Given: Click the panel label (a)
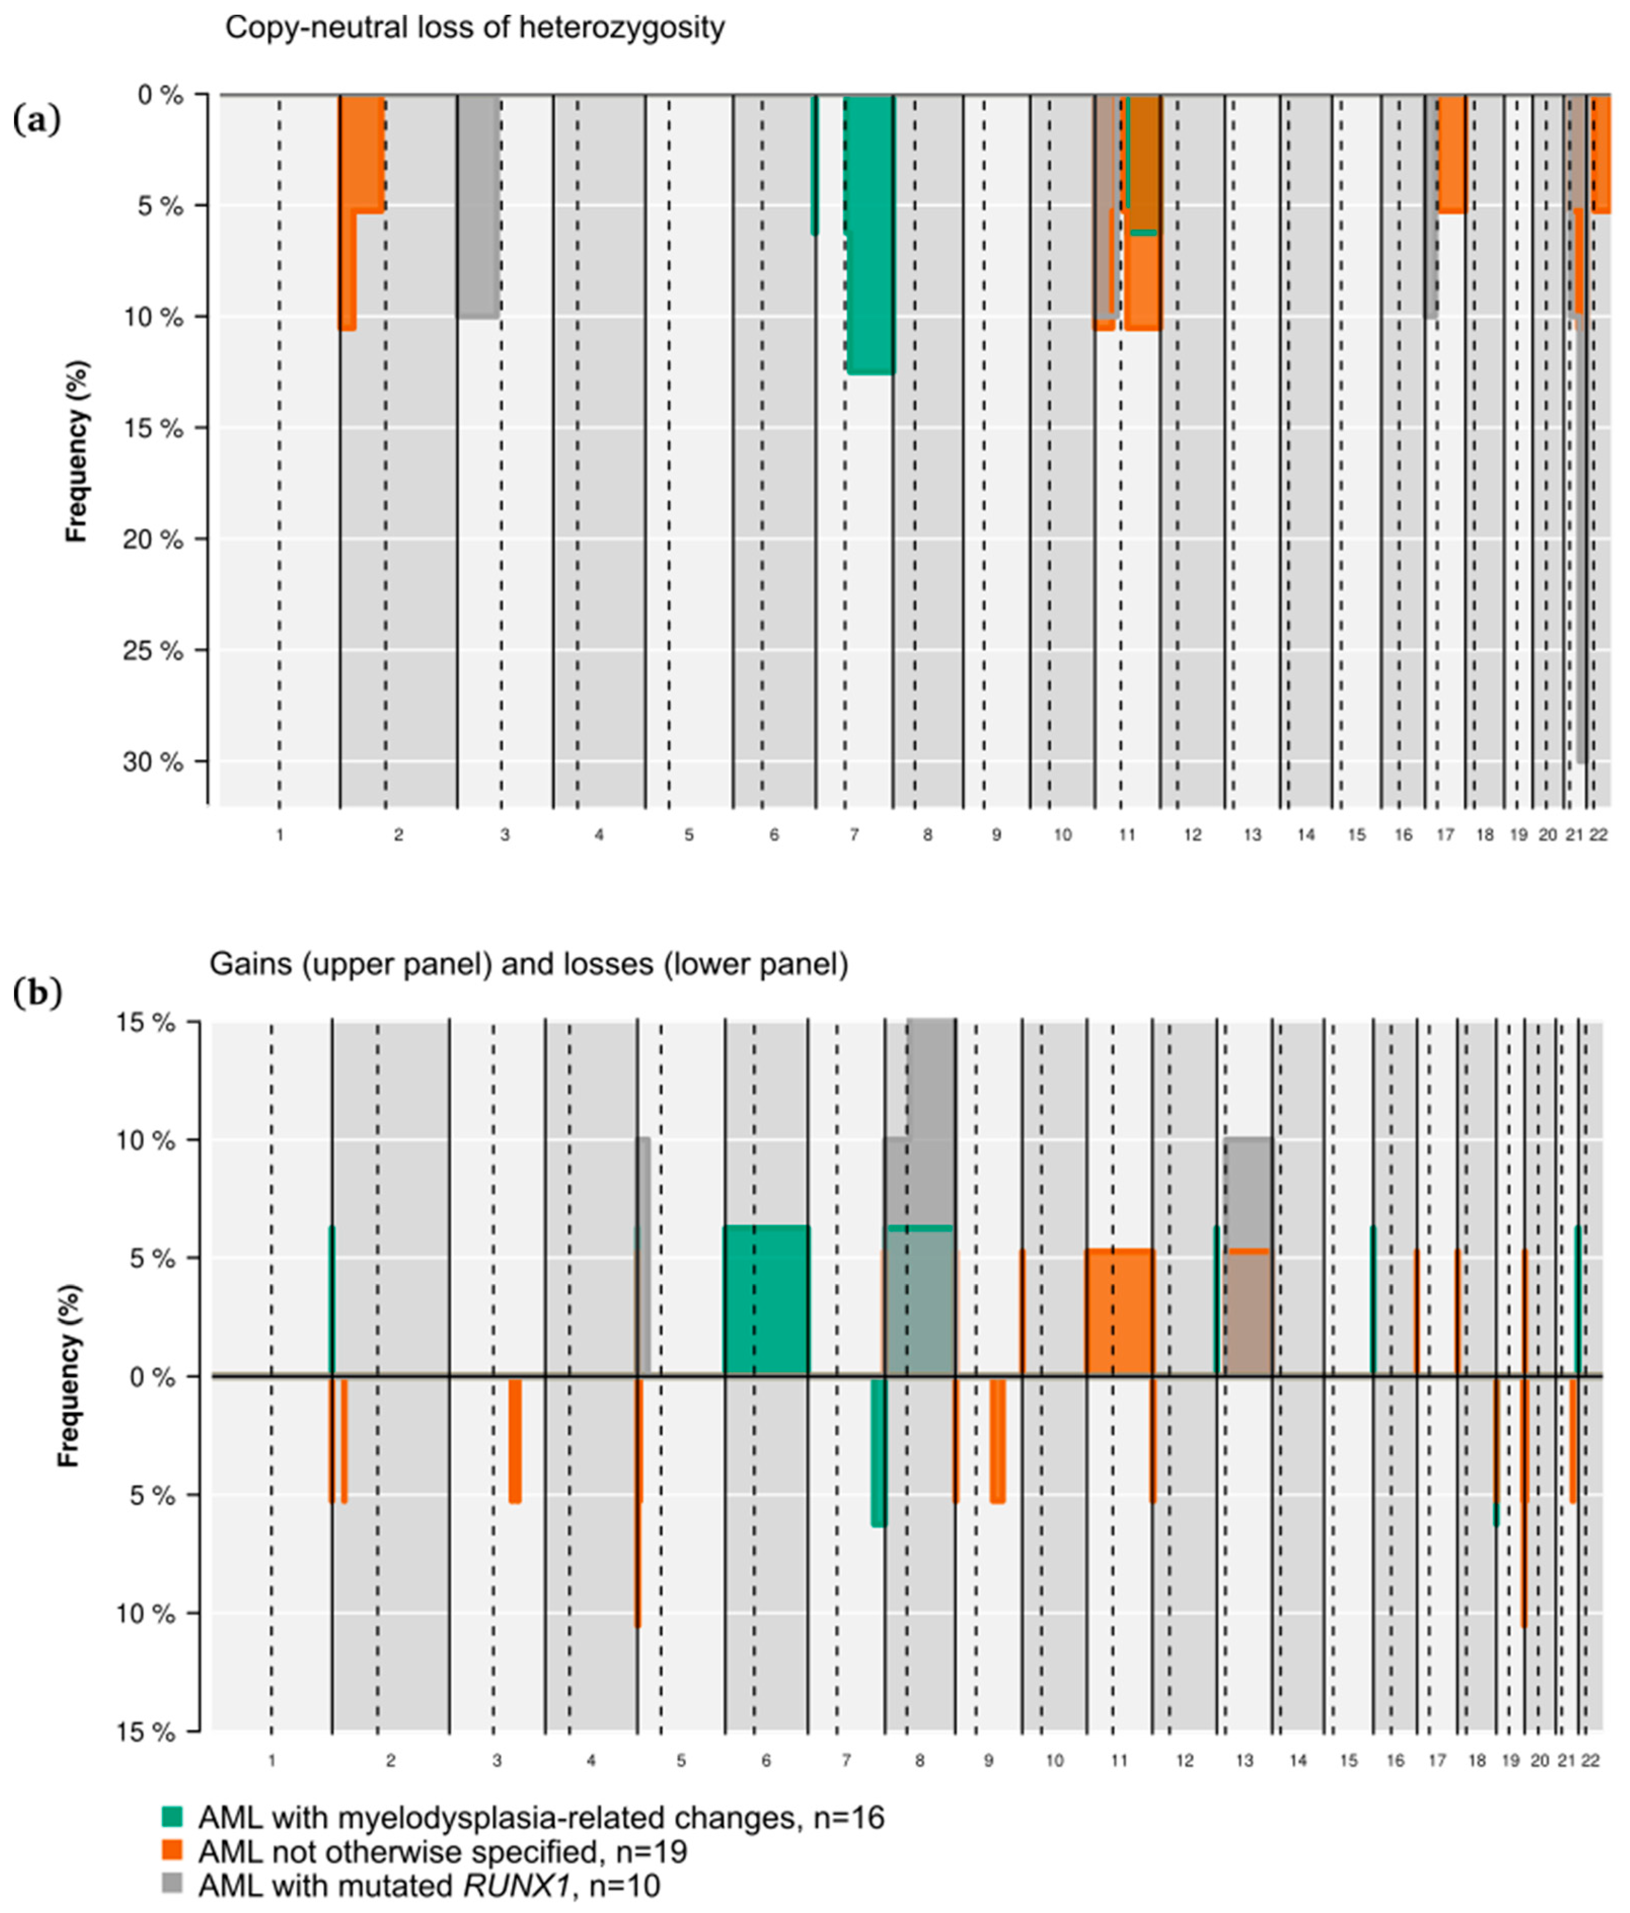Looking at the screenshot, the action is [37, 120].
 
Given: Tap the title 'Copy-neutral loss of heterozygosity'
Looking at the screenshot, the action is [474, 28].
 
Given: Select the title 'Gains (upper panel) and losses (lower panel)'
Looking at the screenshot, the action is [529, 964].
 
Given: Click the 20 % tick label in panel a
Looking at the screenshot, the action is [153, 539].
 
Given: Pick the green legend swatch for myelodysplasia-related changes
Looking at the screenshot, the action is [173, 1817].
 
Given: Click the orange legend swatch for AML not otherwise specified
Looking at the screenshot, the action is [173, 1850].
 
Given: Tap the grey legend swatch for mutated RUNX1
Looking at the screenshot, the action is [173, 1884].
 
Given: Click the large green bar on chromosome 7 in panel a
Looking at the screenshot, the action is [869, 235].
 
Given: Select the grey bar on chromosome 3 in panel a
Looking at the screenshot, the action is [478, 207].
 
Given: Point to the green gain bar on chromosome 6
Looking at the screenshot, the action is [766, 1300].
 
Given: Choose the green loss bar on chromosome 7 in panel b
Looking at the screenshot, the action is [878, 1452].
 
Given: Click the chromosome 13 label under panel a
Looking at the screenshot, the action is [1252, 835].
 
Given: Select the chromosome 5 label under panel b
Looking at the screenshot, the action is [680, 1760].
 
